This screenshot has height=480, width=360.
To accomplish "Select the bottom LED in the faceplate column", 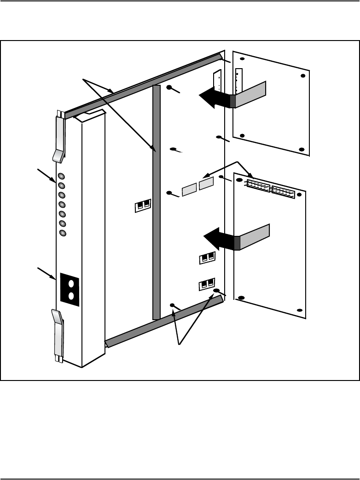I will pyautogui.click(x=63, y=233).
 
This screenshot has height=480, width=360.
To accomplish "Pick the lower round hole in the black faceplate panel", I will pyautogui.click(x=71, y=296).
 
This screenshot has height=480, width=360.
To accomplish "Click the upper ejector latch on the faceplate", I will pyautogui.click(x=60, y=138).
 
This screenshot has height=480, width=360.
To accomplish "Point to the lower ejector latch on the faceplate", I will pyautogui.click(x=58, y=332).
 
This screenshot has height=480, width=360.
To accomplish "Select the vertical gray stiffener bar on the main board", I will pyautogui.click(x=156, y=203).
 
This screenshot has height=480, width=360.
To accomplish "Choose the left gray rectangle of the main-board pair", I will pyautogui.click(x=189, y=189).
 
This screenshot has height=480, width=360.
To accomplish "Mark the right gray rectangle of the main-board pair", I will pyautogui.click(x=206, y=183).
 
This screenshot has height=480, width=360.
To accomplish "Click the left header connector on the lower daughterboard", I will pyautogui.click(x=259, y=186).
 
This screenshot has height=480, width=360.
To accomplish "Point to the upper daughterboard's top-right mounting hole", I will pyautogui.click(x=302, y=76).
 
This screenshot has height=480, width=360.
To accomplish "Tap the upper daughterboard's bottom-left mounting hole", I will pyautogui.click(x=242, y=135).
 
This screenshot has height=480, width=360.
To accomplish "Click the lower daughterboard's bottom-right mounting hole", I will pyautogui.click(x=300, y=311).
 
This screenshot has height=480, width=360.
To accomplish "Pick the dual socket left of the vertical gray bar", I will pyautogui.click(x=143, y=206).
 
